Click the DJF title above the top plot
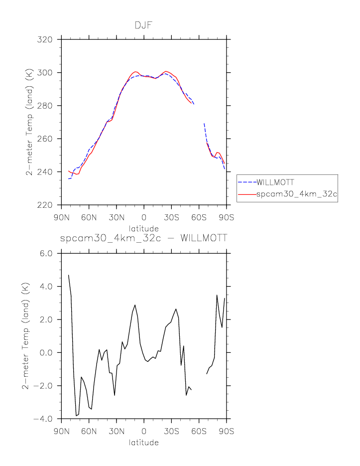143,25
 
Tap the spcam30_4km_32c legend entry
297,195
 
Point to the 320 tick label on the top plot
48,39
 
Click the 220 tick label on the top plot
48,205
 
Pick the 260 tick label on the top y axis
48,139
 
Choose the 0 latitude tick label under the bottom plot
144,431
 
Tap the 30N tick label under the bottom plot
117,431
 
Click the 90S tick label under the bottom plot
227,431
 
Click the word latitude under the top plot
144,228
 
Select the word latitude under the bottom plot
144,442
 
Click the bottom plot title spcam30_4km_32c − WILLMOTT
143,239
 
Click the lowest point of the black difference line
76,416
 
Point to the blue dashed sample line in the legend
247,182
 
